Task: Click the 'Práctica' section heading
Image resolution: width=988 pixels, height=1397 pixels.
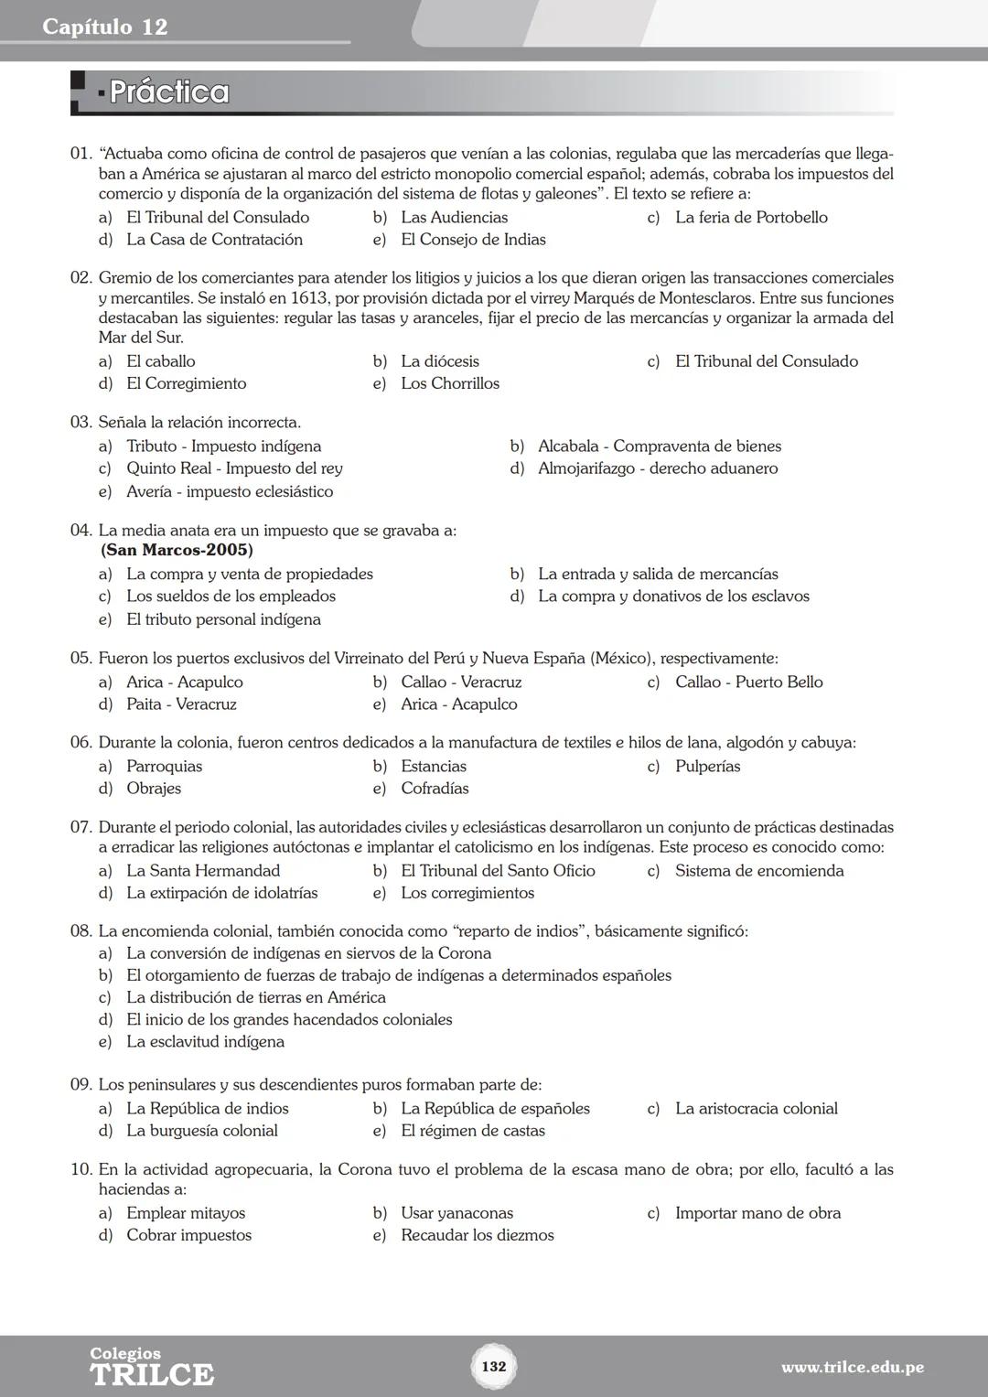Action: click(169, 92)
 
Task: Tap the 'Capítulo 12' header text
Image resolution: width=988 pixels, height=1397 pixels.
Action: click(105, 27)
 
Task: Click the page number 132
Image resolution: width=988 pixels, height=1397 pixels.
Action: click(493, 1366)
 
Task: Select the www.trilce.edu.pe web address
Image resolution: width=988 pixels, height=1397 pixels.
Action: click(852, 1368)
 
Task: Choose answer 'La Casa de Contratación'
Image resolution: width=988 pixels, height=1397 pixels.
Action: click(214, 240)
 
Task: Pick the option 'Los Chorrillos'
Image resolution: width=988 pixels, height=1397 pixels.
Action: click(450, 383)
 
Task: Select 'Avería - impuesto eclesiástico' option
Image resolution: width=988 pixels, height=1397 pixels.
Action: click(230, 491)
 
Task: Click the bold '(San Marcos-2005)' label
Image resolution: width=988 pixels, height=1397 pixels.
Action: click(177, 550)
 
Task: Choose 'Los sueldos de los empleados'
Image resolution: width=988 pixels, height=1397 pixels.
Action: click(231, 596)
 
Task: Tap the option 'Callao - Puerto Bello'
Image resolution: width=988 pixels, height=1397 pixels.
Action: click(748, 682)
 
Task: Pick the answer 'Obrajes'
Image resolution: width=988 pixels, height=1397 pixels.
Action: click(154, 789)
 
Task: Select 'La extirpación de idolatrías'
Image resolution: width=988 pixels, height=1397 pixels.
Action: click(222, 893)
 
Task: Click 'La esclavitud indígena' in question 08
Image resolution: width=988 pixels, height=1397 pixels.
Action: click(205, 1042)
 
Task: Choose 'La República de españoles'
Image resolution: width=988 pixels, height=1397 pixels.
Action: click(495, 1109)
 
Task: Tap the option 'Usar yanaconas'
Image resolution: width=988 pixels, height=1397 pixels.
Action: click(456, 1213)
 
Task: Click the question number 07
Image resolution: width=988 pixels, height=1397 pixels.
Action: click(81, 827)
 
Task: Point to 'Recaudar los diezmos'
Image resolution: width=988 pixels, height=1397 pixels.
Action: click(477, 1235)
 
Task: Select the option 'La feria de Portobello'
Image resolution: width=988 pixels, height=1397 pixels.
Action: click(751, 218)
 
